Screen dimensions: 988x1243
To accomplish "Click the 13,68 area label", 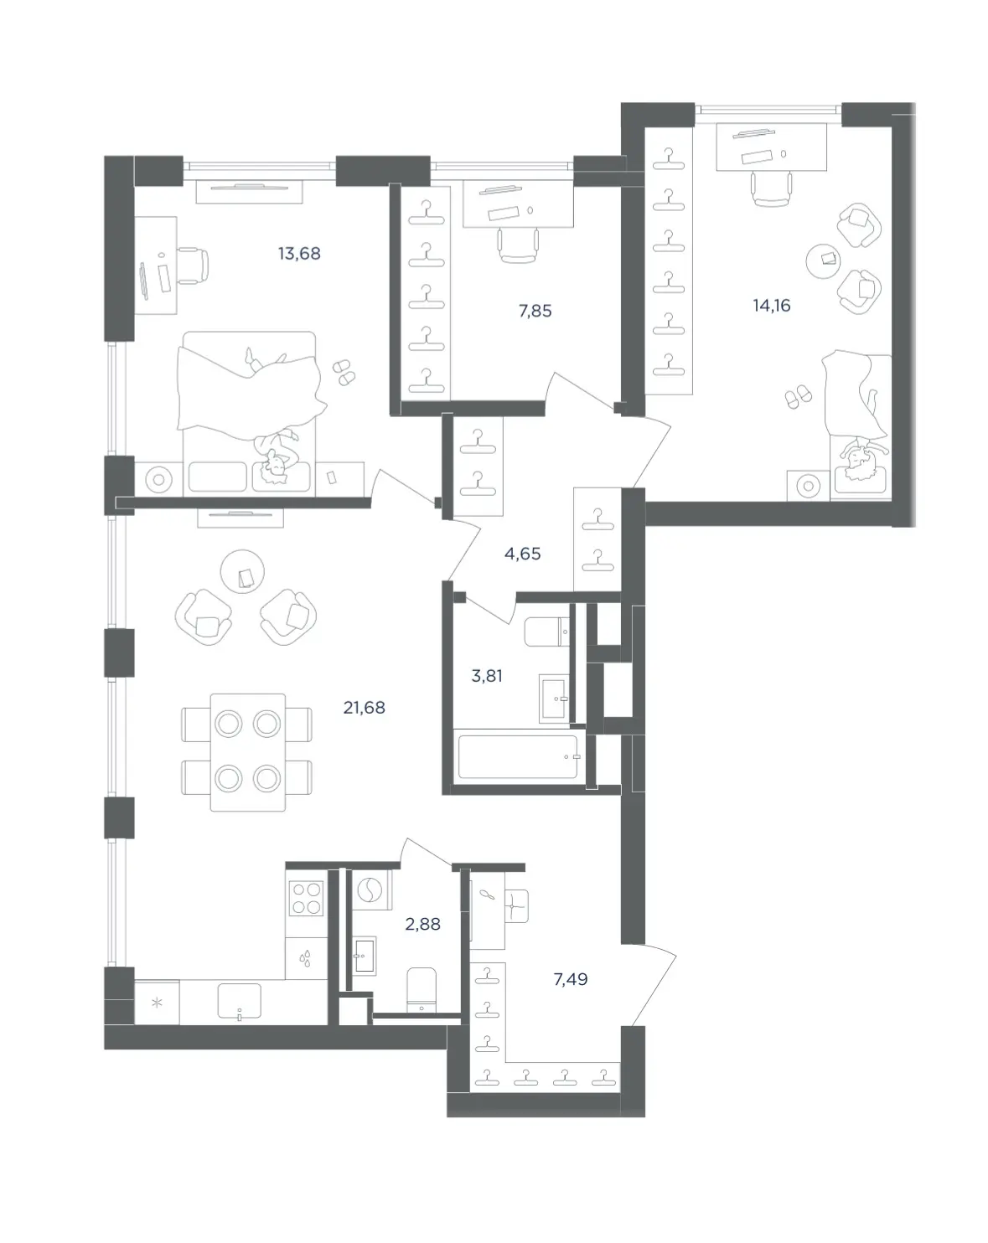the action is tap(299, 254).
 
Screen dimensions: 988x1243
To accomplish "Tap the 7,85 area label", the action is tap(535, 312).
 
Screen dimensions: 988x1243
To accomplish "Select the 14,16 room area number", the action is tap(771, 306).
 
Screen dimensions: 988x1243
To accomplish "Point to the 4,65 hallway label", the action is tap(522, 554).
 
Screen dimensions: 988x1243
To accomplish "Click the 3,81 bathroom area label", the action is tap(487, 676).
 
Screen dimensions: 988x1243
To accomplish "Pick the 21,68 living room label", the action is tap(364, 708).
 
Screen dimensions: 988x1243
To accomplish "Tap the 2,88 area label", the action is tap(422, 924).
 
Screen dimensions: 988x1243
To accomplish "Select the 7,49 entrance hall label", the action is tap(570, 979).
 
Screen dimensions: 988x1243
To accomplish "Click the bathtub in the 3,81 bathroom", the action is tap(518, 756).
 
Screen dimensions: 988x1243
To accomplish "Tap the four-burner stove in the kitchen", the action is tap(307, 898).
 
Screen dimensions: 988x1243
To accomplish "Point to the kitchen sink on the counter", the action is tap(239, 1002).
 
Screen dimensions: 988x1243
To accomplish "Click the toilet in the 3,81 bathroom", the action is tap(546, 632).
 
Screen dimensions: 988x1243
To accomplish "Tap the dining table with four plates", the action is tap(247, 752).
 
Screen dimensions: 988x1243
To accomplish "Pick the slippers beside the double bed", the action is tap(344, 373).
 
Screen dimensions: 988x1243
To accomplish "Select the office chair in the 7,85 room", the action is tap(518, 245).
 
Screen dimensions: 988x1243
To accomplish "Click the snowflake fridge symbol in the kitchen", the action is tap(157, 1002).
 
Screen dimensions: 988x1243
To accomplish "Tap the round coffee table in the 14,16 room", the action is tap(823, 261).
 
